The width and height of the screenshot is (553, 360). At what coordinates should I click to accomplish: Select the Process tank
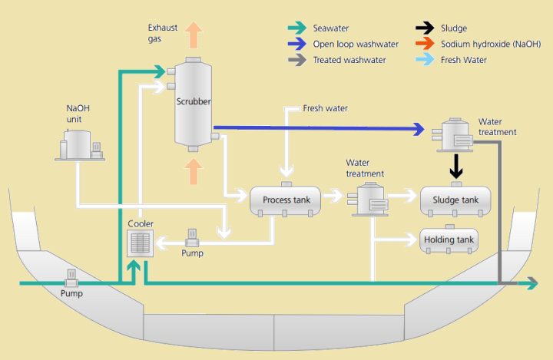(x=286, y=200)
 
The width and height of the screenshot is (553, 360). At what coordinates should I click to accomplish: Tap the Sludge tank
(x=455, y=200)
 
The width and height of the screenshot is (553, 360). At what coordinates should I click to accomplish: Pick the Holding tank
(x=450, y=240)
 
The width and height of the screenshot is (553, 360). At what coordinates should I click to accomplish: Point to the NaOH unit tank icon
(x=78, y=145)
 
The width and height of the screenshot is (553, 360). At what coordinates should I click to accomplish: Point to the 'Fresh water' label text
(x=325, y=109)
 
